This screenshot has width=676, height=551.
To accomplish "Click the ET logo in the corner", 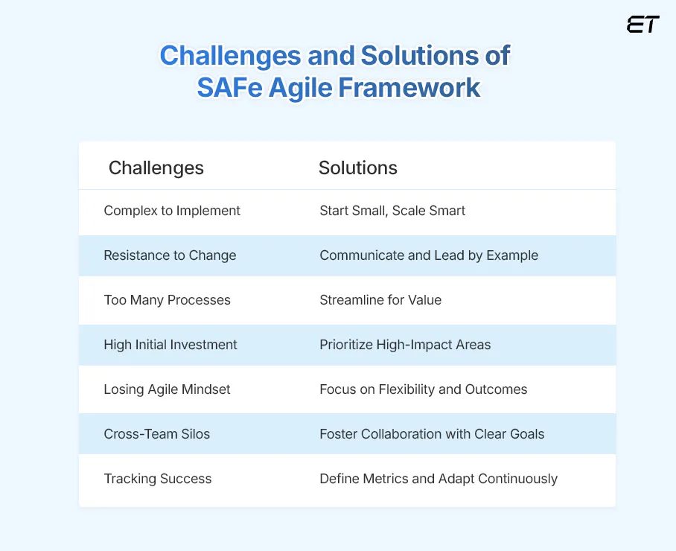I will click(x=642, y=25).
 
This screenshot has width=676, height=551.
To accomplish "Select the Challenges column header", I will click(x=156, y=168).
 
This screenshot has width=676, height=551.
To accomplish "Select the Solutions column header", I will click(x=358, y=168).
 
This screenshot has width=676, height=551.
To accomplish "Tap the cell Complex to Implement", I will click(x=172, y=211).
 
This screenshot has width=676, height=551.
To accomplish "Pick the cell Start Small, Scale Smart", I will click(x=392, y=211).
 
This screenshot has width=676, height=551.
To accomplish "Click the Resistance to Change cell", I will click(x=170, y=255).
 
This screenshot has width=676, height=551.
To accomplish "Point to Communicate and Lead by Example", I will click(x=429, y=255).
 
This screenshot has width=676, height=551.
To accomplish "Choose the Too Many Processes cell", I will click(x=168, y=300).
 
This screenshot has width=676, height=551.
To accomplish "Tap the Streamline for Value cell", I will click(x=380, y=300).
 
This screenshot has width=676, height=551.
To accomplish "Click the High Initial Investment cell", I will click(x=170, y=345).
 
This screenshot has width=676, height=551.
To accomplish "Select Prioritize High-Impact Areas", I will click(x=405, y=345).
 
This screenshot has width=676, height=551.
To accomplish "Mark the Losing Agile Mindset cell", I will click(x=168, y=389).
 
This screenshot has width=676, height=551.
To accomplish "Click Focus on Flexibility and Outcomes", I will click(x=424, y=389).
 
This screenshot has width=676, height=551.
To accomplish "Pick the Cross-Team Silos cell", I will click(x=157, y=434).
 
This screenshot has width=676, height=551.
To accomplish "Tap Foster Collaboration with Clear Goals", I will click(x=432, y=434).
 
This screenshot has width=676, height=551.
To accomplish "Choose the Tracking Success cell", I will click(x=158, y=479).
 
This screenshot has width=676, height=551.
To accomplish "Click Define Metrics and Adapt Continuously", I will click(x=439, y=479).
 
